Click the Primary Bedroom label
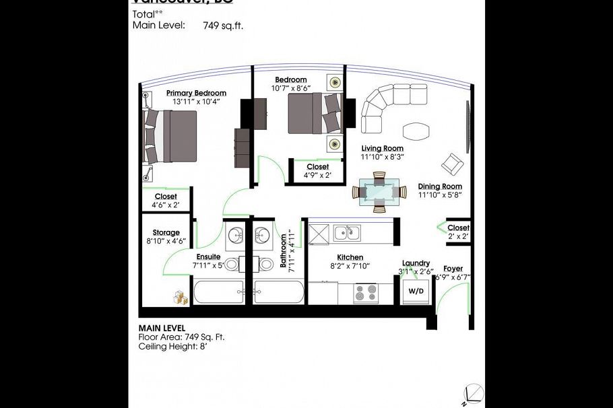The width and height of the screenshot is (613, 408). point(196,93)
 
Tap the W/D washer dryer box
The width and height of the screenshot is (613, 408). point(416,292)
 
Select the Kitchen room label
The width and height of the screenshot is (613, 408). point(350,257)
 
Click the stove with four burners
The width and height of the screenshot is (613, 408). point(366,293)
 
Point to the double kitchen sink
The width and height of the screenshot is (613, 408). point(348,233)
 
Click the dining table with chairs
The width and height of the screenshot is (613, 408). point(380,191)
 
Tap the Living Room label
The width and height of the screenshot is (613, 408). point(382,148)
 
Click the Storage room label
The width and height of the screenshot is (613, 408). point(166,232)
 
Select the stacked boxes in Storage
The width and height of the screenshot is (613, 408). point(180,296)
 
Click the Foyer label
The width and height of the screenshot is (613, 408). point(453,269)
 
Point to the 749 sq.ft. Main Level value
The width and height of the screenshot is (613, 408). point(223,26)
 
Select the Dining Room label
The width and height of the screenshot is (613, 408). point(440,186)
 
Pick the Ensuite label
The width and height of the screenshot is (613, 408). point(208,257)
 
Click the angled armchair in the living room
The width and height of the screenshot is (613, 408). point(452,163)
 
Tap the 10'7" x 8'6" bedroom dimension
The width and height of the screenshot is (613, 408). point(291,88)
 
